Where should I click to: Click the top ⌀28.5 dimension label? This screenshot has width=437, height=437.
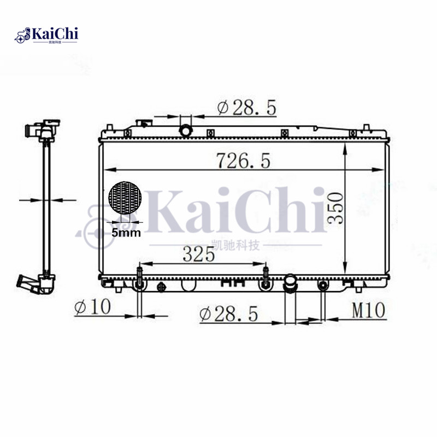pos(246,108)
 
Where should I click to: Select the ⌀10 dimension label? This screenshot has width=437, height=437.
pos(92,307)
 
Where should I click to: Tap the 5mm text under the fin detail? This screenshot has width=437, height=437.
pos(126,233)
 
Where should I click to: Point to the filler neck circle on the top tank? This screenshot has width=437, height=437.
pos(186,131)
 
